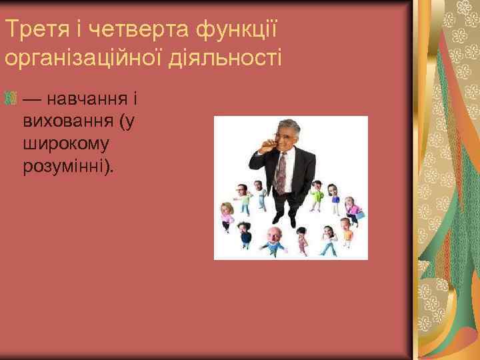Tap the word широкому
66,143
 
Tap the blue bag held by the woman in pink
360,215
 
